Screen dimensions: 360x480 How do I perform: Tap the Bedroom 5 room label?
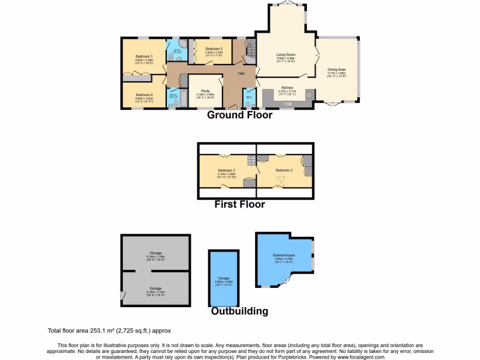214,49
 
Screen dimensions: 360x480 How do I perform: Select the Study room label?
205,91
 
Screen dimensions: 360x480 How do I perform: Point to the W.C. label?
249,97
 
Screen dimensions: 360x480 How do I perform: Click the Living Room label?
285,55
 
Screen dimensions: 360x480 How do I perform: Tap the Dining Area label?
336,70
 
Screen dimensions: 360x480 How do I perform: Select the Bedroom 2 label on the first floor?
226,171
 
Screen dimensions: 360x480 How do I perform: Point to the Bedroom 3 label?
283,170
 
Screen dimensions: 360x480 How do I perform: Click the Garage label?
223,278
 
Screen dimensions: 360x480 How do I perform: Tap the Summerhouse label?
284,255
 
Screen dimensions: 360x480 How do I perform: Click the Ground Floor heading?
240,115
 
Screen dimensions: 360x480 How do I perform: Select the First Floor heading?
240,204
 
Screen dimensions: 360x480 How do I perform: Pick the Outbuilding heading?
240,311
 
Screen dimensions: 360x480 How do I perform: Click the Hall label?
241,74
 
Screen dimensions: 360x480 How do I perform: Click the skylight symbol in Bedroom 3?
281,180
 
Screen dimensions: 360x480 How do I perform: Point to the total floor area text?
112,330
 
